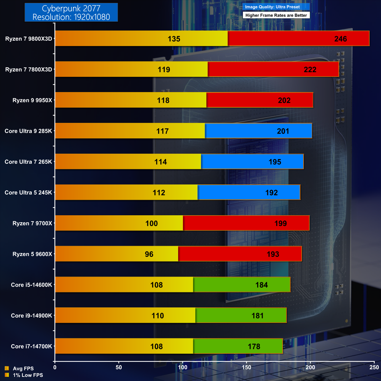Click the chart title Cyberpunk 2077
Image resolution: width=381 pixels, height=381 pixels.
tap(71, 9)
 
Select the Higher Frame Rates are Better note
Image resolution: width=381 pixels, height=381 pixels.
tap(276, 15)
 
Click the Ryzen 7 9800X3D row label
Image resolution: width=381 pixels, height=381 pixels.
tap(29, 39)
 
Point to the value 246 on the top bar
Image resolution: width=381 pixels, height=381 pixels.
tap(340, 39)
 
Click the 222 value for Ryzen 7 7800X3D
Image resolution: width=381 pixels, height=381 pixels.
tap(310, 70)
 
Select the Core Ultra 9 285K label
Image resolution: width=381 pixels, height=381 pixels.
tap(28, 131)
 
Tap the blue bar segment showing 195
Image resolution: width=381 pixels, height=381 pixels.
tap(252, 162)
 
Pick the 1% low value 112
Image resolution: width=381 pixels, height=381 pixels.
tap(159, 193)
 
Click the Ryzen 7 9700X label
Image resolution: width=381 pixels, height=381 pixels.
tap(32, 224)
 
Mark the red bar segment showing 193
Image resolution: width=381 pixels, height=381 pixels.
tap(240, 254)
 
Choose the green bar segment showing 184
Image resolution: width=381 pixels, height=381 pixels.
tap(242, 285)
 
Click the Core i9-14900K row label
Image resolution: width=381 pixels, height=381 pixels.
tap(31, 316)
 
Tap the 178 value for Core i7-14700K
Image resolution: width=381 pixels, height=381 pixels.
tap(254, 346)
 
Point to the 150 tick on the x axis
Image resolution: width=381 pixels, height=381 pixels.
tap(246, 367)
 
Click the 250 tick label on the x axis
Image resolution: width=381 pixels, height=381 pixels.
tap(374, 367)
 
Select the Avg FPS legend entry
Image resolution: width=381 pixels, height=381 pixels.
tap(23, 369)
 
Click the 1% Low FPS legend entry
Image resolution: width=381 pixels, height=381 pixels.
tap(28, 375)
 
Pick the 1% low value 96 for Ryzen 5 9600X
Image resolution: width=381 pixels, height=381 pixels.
tap(149, 254)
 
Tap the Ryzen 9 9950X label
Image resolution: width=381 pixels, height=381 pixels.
tap(32, 100)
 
